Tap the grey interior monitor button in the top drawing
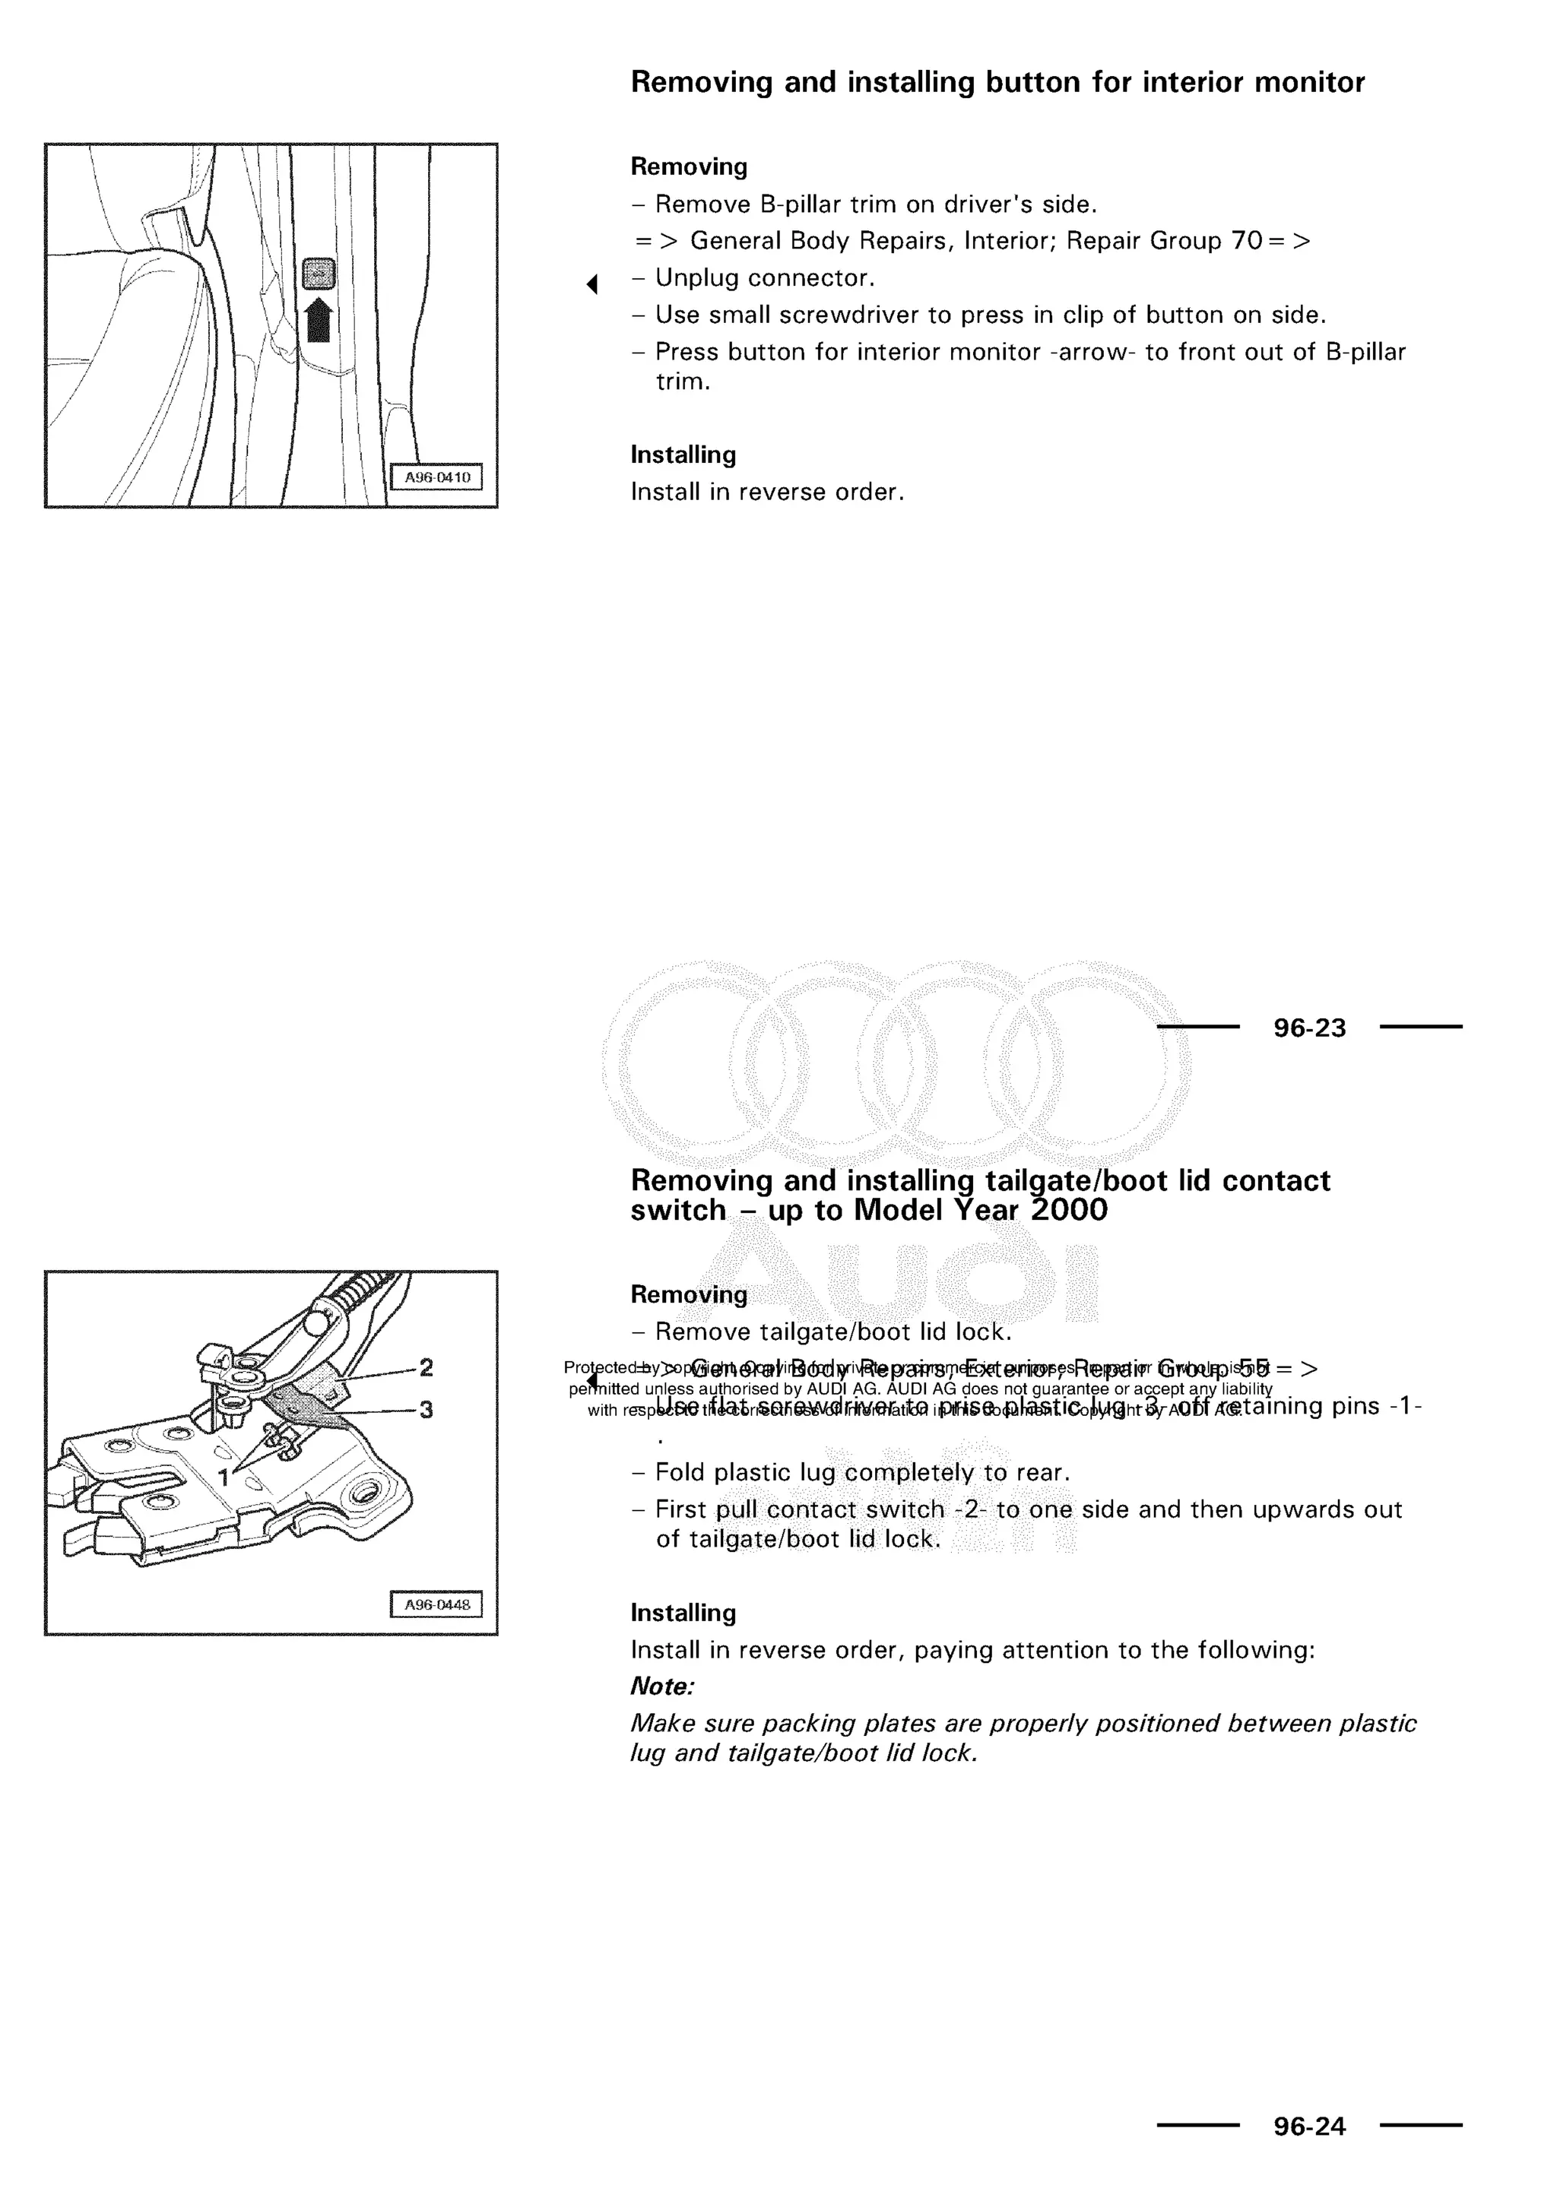319,274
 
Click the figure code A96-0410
436,477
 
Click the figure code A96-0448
436,1604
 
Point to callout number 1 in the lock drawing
224,1477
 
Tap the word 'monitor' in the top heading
1310,82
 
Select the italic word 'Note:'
661,1686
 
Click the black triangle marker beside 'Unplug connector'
592,283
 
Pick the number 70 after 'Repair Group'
1246,241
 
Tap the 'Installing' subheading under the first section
683,454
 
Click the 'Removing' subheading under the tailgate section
688,1294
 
